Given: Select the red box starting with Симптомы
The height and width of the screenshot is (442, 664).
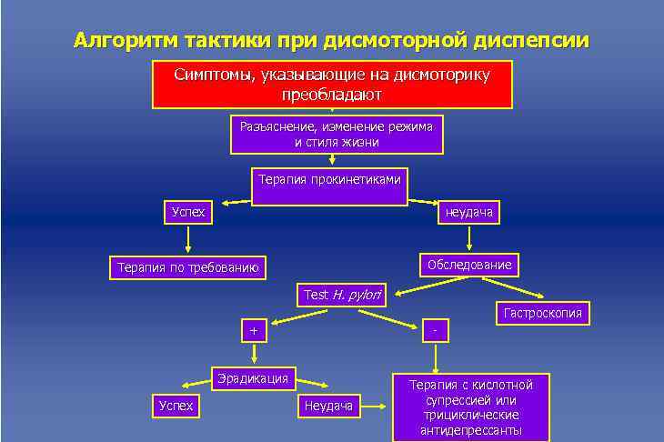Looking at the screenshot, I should (332, 85).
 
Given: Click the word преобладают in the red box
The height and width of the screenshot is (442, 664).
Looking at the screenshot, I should (332, 95).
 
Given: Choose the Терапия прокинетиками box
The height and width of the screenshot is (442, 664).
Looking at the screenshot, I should (329, 180).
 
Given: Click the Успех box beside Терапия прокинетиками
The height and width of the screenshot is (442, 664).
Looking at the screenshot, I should (188, 213).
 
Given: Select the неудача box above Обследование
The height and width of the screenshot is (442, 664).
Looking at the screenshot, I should (468, 213).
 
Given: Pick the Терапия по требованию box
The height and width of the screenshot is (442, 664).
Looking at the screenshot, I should (188, 267).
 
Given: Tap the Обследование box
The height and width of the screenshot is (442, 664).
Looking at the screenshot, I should (468, 266).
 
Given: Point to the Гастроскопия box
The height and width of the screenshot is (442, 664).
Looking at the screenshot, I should (541, 314).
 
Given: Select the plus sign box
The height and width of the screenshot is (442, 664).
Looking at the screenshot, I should (254, 331).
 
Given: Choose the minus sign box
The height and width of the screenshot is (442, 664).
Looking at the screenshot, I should (437, 331).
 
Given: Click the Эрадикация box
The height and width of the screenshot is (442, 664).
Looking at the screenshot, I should (253, 377).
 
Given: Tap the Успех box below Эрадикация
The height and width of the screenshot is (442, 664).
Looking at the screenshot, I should (176, 406).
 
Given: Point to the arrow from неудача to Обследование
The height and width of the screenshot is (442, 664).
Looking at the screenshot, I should (468, 237).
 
